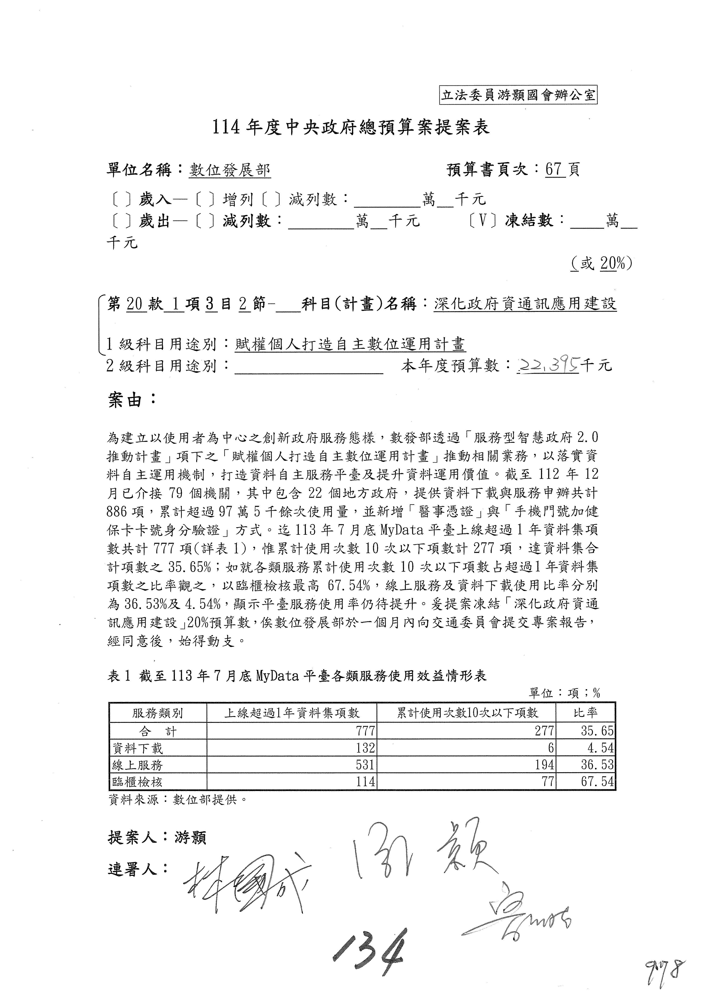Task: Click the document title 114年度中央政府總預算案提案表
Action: click(351, 127)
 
